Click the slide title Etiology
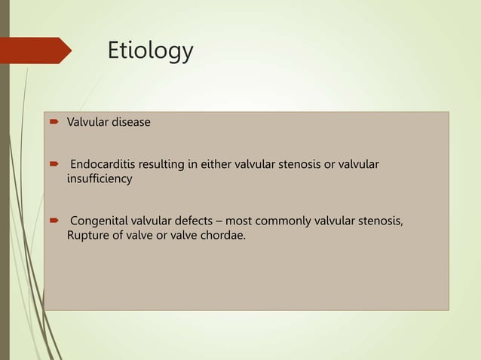pyautogui.click(x=150, y=51)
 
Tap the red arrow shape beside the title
pyautogui.click(x=38, y=50)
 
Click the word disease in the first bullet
pyautogui.click(x=131, y=122)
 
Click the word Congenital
pyautogui.click(x=100, y=222)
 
